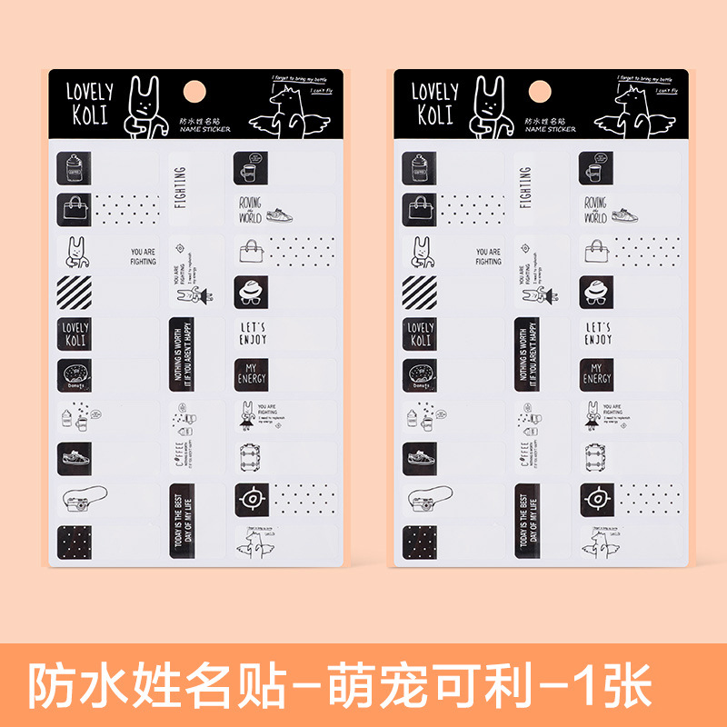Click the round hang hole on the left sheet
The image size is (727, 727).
[x=195, y=92]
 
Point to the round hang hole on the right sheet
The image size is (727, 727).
[x=539, y=92]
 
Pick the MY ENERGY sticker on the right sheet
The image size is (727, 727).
[x=596, y=373]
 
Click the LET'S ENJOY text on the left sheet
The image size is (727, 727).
[x=254, y=332]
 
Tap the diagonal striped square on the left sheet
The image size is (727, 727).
[x=75, y=294]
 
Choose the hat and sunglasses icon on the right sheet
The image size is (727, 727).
[x=597, y=291]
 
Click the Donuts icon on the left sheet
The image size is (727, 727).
[x=74, y=373]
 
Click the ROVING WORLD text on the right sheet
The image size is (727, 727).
[x=594, y=212]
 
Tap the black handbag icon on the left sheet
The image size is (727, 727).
[x=74, y=209]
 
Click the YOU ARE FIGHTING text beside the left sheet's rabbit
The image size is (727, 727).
[x=143, y=256]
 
